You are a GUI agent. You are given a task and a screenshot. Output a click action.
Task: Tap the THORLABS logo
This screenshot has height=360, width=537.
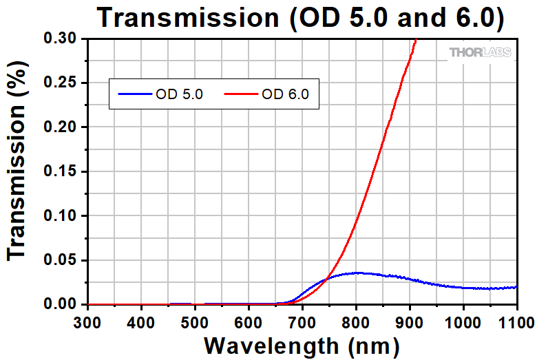click(481, 52)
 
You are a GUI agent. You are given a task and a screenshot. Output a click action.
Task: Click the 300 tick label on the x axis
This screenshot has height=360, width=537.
click(88, 321)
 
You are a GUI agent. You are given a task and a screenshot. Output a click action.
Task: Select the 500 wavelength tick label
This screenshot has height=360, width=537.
click(195, 321)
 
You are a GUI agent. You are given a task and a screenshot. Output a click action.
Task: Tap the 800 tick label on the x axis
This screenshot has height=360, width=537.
click(356, 321)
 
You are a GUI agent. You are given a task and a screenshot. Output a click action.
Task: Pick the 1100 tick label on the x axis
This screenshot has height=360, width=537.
click(515, 321)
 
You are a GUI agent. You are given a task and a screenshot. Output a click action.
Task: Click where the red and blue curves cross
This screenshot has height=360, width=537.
click(329, 276)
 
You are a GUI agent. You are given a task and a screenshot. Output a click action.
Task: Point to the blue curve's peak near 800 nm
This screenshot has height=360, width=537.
click(356, 273)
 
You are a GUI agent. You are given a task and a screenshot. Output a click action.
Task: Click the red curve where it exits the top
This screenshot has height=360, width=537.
click(416, 40)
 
